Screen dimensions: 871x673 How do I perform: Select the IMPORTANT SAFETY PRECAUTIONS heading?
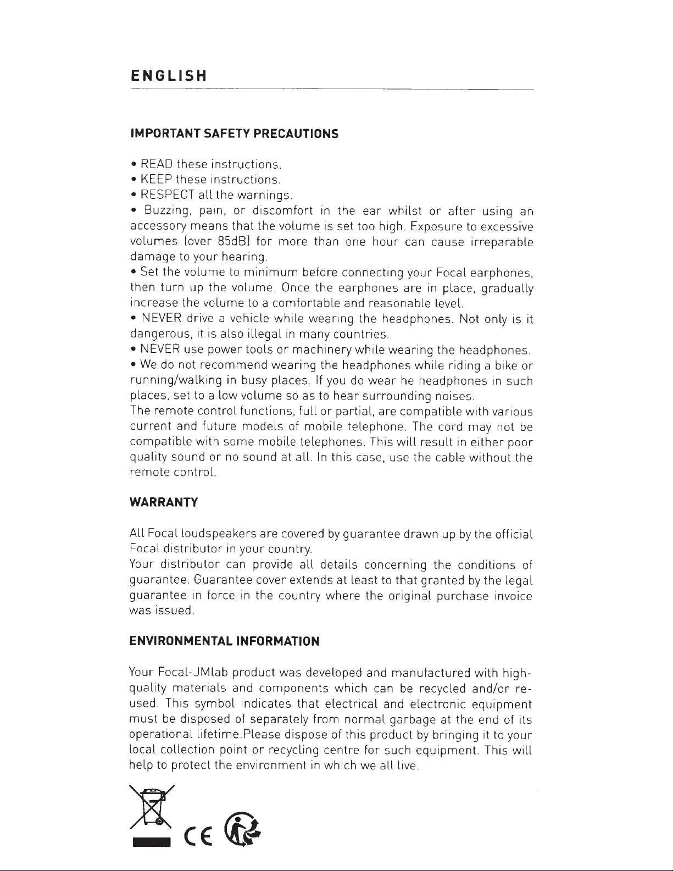point(233,134)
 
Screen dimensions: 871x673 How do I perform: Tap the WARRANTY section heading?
point(163,502)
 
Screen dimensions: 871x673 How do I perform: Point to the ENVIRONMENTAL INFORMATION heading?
point(224,641)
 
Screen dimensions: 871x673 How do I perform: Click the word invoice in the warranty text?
point(513,596)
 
